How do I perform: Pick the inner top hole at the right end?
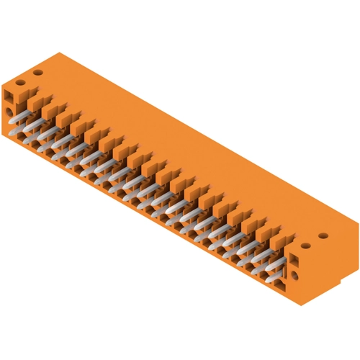306,245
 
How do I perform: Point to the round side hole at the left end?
9,112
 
